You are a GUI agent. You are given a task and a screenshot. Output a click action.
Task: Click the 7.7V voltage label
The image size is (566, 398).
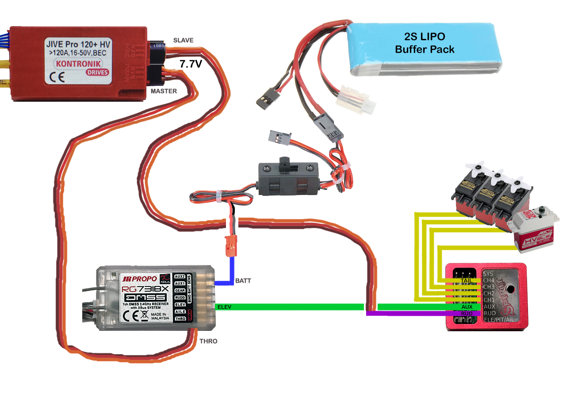(x=191, y=64)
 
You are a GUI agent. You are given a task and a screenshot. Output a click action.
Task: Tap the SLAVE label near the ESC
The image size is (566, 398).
(x=183, y=40)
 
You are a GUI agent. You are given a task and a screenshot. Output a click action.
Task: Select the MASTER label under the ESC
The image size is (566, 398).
(x=164, y=91)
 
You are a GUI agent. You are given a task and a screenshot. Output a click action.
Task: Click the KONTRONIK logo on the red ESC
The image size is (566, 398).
(x=77, y=63)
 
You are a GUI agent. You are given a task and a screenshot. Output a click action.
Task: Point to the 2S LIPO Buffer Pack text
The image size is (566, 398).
(x=424, y=43)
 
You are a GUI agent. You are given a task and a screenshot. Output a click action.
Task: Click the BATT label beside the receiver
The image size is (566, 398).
(x=244, y=281)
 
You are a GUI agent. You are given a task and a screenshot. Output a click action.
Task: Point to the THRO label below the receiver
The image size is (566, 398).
(x=209, y=341)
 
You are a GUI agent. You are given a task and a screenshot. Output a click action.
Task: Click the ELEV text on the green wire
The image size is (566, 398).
(x=223, y=306)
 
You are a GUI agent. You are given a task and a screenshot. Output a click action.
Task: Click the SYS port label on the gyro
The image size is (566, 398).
(x=488, y=273)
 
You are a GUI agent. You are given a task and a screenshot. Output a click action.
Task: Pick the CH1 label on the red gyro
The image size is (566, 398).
(x=489, y=299)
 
